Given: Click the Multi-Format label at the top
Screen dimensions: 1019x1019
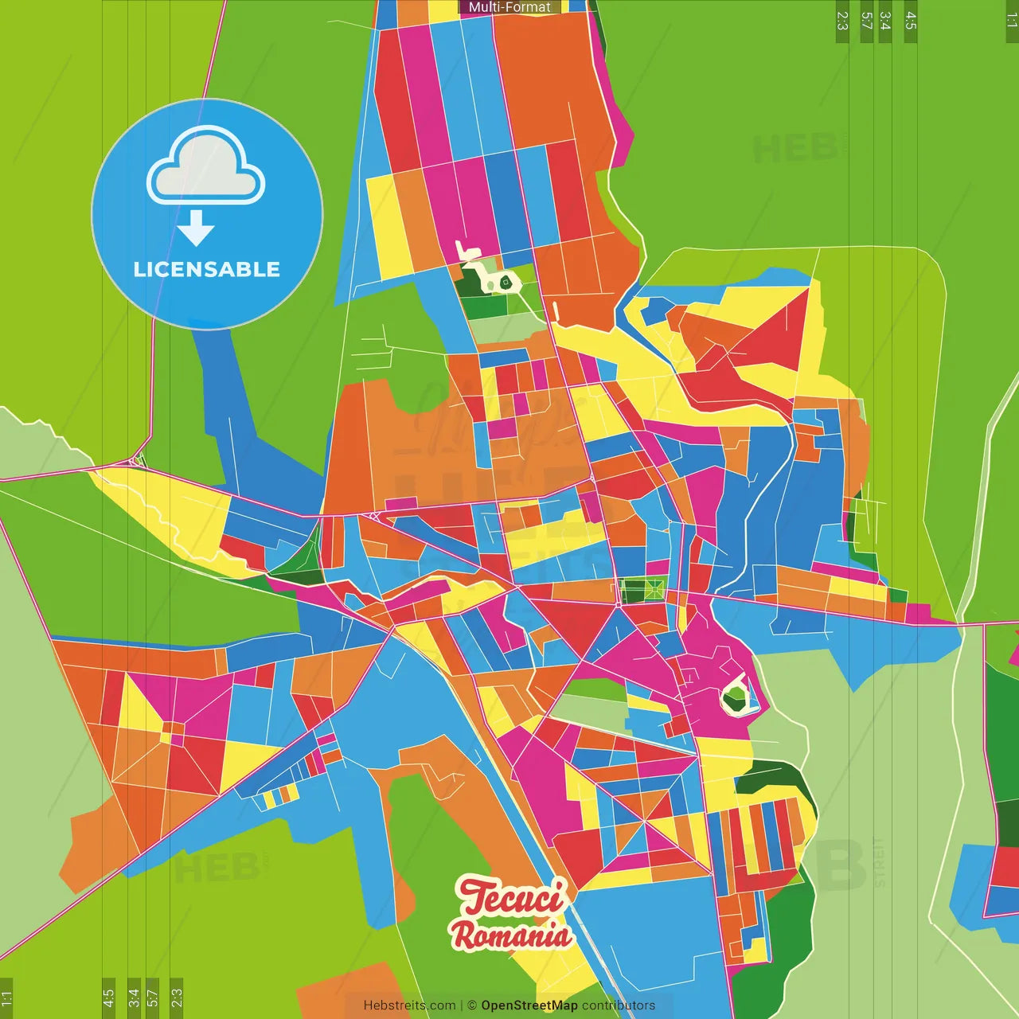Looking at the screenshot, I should coord(509,7).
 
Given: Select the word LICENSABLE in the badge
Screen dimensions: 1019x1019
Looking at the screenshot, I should coord(207,269).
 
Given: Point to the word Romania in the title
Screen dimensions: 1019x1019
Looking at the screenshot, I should coord(511,935).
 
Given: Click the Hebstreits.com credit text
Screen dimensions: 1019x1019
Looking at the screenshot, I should coord(409,1005).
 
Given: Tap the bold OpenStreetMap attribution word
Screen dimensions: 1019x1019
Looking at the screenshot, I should coord(529,1005).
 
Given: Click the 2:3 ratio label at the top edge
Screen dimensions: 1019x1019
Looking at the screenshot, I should coord(842,21).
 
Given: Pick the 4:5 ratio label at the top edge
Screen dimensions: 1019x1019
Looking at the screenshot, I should coord(911,21).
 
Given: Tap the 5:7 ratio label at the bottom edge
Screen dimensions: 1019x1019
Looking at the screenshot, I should coord(153,998).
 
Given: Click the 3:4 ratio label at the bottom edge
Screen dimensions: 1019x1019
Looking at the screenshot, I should coord(134,998).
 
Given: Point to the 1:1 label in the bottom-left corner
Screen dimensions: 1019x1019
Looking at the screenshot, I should coord(6,998).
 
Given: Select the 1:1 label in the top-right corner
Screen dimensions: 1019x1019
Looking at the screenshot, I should coord(1011,21).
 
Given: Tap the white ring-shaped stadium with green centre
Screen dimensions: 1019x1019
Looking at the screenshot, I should coord(736,697).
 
